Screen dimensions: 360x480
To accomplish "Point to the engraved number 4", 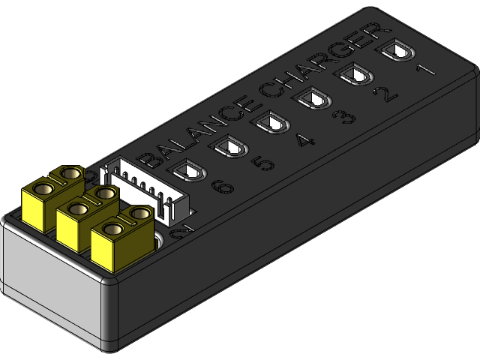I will [x=306, y=139].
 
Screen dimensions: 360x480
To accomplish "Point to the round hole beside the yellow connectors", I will [x=160, y=241].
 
